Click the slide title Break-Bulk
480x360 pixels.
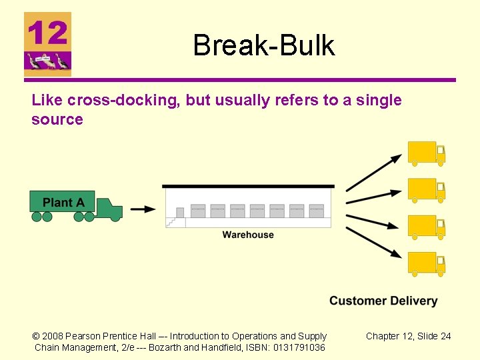(x=263, y=45)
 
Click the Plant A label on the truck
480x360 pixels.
(x=63, y=202)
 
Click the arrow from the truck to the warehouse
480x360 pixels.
(x=143, y=209)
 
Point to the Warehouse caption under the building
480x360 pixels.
(x=248, y=235)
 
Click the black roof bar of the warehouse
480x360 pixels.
(x=248, y=186)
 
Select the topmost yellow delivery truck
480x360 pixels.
(x=426, y=153)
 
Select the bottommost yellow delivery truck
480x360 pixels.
(x=426, y=264)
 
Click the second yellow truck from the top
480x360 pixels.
(x=426, y=190)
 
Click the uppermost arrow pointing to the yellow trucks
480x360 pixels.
(x=373, y=173)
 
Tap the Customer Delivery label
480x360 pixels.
(x=383, y=301)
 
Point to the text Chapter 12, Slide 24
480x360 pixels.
(x=408, y=336)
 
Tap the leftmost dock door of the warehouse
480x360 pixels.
(x=198, y=211)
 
